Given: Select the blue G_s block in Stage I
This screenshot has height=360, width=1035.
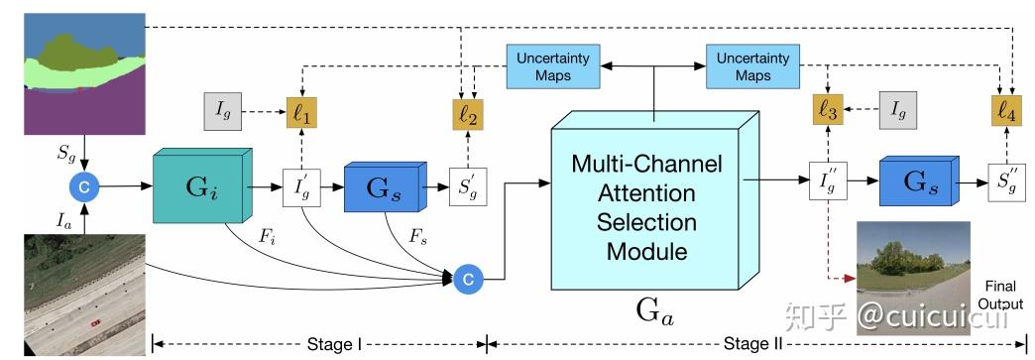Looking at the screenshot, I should coord(381,185).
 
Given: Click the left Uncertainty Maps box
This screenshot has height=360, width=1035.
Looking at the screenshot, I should coord(551,66).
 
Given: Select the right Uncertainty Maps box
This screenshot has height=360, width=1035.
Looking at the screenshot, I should coord(752,66).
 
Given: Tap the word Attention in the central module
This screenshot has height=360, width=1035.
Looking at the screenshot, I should coord(647,192).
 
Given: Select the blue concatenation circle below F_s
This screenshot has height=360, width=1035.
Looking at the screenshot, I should coord(467,281).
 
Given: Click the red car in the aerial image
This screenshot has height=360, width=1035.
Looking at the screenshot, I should coord(95,323).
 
